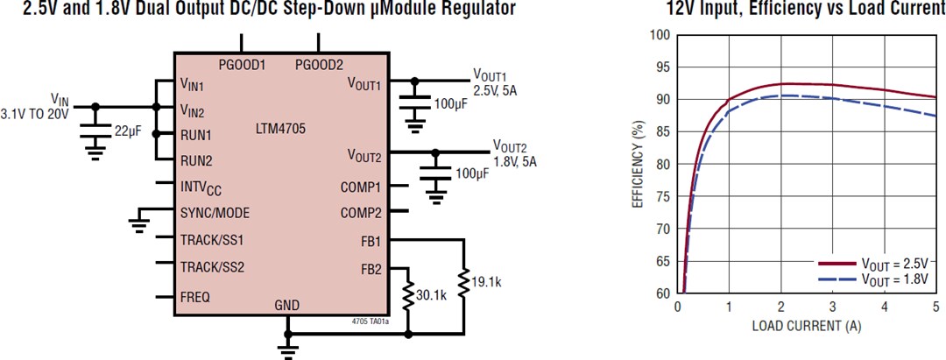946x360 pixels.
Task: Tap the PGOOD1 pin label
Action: (242, 65)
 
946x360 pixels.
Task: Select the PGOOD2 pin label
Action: (320, 65)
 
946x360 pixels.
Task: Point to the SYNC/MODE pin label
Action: (215, 213)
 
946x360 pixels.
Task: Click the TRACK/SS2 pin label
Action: (211, 266)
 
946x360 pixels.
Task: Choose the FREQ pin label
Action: (194, 297)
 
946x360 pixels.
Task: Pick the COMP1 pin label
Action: (361, 187)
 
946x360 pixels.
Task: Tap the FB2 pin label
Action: (371, 269)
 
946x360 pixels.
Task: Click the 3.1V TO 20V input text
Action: (34, 114)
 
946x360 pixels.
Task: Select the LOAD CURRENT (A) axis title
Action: (806, 326)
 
